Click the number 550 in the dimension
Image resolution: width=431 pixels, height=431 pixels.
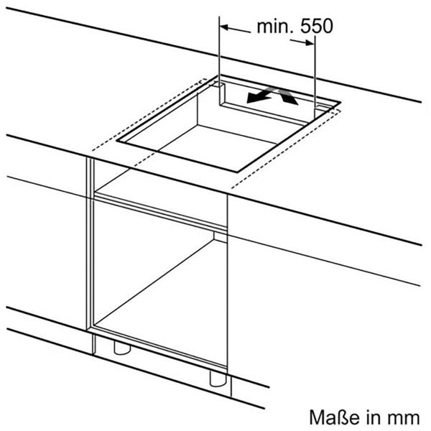tap(316, 27)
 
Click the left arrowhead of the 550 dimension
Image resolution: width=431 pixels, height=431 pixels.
tap(224, 27)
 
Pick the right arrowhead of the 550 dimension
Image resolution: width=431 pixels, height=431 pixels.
tap(309, 42)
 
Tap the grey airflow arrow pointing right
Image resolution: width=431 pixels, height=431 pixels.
tap(287, 96)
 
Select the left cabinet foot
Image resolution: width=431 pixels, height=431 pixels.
tap(122, 348)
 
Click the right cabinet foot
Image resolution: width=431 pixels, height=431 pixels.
tap(218, 379)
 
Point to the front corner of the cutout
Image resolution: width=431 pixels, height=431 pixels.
tap(237, 172)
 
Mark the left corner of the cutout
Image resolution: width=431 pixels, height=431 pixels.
tap(116, 141)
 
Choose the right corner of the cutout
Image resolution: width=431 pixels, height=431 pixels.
tap(340, 102)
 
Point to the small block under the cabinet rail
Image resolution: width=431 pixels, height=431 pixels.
tap(221, 237)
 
